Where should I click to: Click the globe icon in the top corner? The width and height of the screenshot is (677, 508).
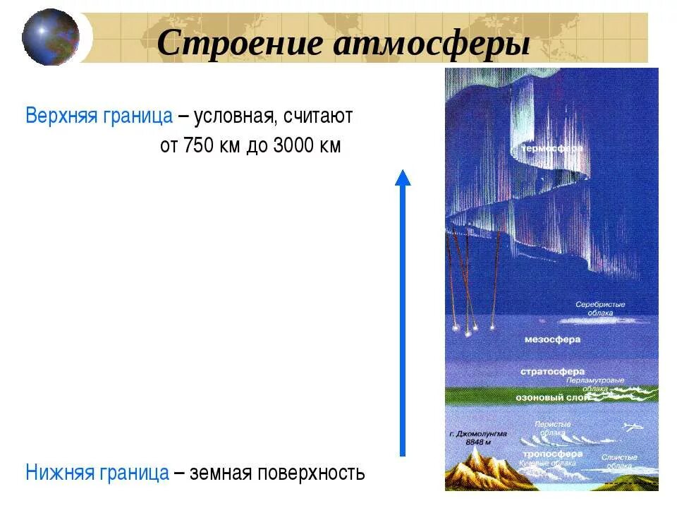(51, 37)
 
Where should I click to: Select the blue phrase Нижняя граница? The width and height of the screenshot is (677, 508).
(97, 472)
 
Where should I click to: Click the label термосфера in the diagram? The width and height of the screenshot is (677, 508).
(552, 150)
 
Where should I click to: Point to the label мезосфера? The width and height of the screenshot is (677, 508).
(553, 339)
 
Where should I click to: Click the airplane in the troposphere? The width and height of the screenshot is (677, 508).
(635, 425)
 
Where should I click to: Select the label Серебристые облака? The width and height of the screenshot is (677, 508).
(600, 308)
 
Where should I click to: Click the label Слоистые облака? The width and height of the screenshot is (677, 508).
(620, 461)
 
